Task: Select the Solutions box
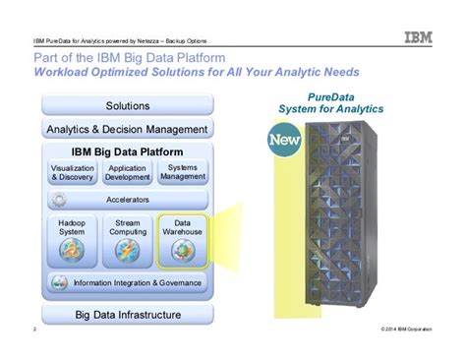127,105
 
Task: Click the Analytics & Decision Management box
127,129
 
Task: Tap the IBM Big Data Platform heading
127,152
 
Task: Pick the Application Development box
128,173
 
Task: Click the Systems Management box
183,172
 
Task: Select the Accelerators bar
127,199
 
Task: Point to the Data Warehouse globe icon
183,251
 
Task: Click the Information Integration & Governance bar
127,283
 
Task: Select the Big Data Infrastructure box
127,314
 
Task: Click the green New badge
283,145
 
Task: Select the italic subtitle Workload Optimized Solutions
197,73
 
